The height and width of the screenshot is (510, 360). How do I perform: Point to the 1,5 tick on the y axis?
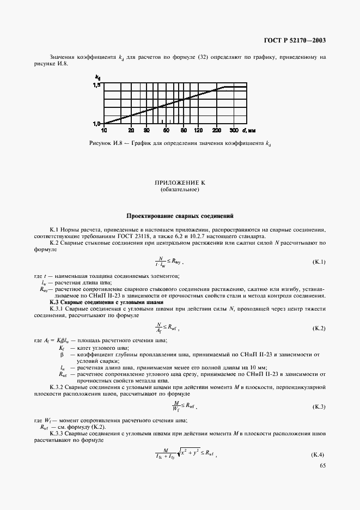pyautogui.click(x=96, y=86)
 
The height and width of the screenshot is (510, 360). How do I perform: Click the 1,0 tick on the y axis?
pyautogui.click(x=96, y=124)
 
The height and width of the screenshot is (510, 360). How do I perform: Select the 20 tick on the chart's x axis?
pyautogui.click(x=131, y=131)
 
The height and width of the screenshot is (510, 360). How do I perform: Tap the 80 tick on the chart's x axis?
pyautogui.click(x=184, y=131)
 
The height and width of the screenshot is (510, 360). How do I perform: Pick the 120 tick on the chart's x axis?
pyautogui.click(x=198, y=131)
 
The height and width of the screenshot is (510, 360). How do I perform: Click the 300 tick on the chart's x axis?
pyautogui.click(x=234, y=131)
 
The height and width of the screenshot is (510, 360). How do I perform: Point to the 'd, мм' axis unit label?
pyautogui.click(x=247, y=131)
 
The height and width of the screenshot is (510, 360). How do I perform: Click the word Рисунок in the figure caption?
pyautogui.click(x=100, y=143)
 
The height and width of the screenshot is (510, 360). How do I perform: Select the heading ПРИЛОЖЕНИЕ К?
pyautogui.click(x=180, y=183)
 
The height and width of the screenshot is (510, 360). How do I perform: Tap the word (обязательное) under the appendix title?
pyautogui.click(x=180, y=190)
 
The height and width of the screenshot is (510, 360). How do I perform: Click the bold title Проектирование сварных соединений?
pyautogui.click(x=180, y=216)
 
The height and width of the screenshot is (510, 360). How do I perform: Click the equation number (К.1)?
pyautogui.click(x=318, y=262)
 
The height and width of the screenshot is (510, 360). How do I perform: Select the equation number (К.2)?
pyautogui.click(x=318, y=329)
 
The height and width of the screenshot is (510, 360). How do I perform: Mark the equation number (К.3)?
pyautogui.click(x=318, y=407)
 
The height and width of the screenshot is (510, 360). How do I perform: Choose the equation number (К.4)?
pyautogui.click(x=318, y=454)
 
